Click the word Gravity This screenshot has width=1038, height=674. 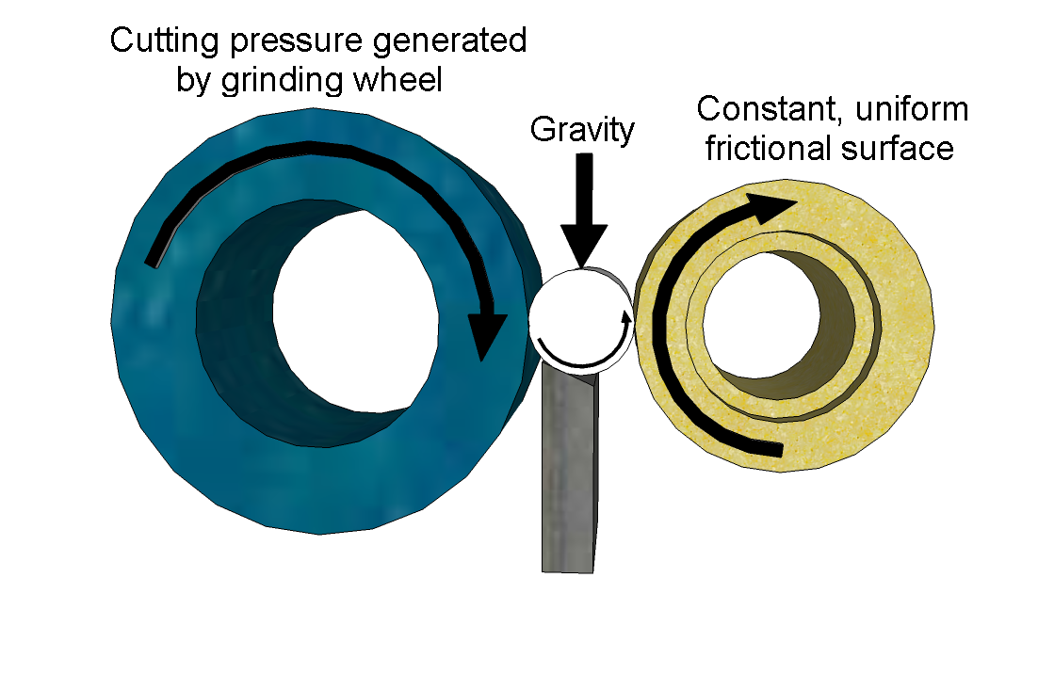(x=582, y=130)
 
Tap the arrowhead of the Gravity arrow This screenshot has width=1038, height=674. (x=584, y=246)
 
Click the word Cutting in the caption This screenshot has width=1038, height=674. (x=164, y=41)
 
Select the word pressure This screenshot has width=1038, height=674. (x=297, y=42)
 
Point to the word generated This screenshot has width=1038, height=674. (x=450, y=41)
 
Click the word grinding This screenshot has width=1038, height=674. (x=282, y=81)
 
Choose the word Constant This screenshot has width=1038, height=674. (x=770, y=110)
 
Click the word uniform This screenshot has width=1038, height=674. (x=912, y=109)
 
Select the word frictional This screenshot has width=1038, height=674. (x=768, y=148)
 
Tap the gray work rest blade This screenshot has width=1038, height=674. (x=569, y=470)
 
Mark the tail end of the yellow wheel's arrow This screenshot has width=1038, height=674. (x=781, y=450)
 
